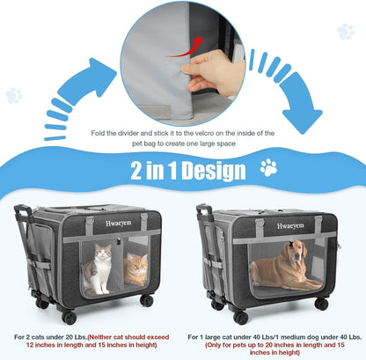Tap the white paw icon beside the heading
pyautogui.click(x=268, y=167)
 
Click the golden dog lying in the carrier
pyautogui.click(x=284, y=268)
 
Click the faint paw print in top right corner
pyautogui.click(x=345, y=32)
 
